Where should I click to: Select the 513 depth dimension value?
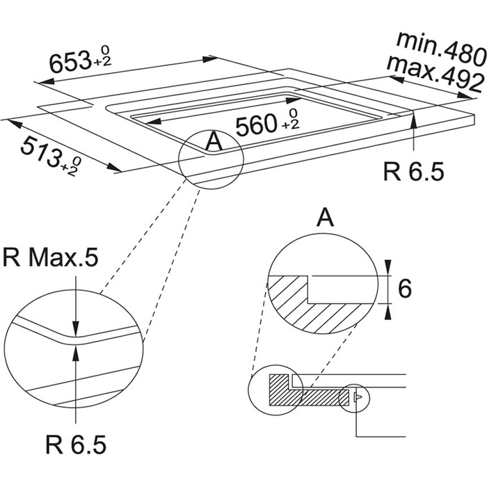[40, 152]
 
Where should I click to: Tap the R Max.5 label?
[49, 258]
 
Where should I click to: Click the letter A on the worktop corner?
[214, 143]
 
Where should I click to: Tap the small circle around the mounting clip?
[355, 397]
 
